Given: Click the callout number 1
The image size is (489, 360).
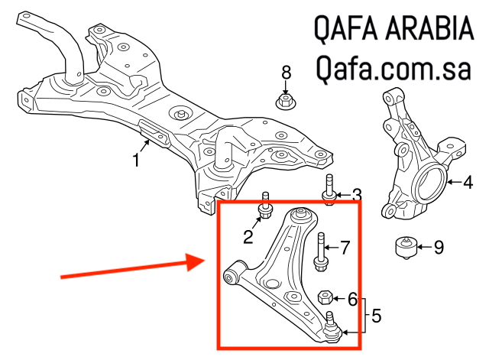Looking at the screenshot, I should tap(137, 161).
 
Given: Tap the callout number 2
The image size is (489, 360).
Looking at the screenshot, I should tap(248, 237).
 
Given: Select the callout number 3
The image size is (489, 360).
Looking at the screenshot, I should tap(356, 196).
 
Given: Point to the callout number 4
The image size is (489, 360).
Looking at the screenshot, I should tap(468, 182).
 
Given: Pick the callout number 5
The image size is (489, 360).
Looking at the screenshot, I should tap(377, 314).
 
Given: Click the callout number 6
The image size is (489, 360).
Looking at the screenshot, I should tap(352, 299).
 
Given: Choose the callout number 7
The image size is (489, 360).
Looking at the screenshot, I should tap(345, 248).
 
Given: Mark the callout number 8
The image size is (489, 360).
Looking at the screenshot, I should tap(287, 73).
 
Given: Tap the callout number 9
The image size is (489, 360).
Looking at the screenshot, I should tap(438, 247).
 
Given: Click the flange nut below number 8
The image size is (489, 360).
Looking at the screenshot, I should tap(284, 101).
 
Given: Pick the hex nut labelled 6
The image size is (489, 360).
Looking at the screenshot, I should tap(324, 297).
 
